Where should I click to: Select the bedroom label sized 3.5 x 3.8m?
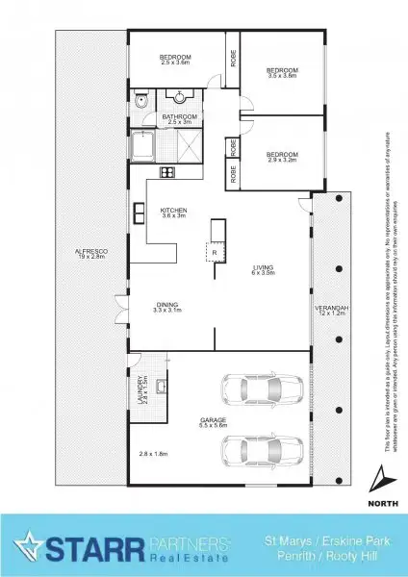tap(282, 72)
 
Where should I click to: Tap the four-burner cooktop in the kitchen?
tap(166, 173)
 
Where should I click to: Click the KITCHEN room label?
tap(173, 213)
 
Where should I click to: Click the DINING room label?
tap(167, 307)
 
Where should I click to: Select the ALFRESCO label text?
tap(90, 255)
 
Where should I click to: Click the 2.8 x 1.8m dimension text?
tap(153, 453)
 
